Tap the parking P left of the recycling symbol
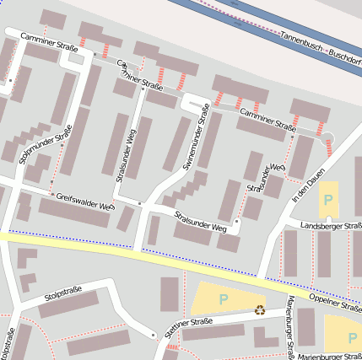[x=224, y=298]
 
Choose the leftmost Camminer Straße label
[x=51, y=41]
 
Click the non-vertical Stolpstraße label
[x=62, y=293]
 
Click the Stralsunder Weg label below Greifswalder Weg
[x=201, y=222]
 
